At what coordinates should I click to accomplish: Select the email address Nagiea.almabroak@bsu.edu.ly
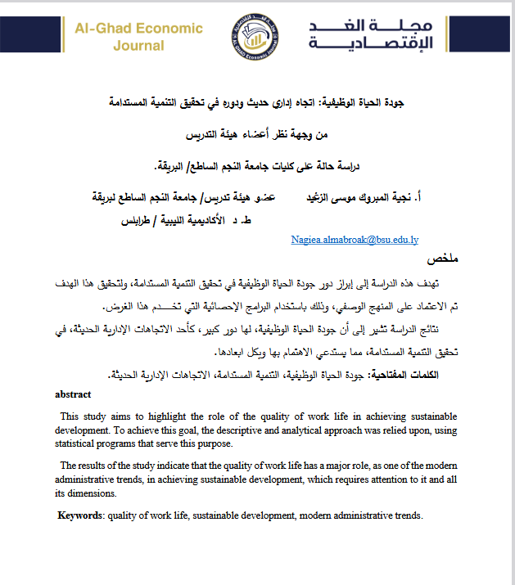(355, 241)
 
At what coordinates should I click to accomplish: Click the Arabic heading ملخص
(442, 259)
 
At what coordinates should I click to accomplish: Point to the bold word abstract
(73, 394)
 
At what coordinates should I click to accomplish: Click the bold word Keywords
(81, 515)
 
